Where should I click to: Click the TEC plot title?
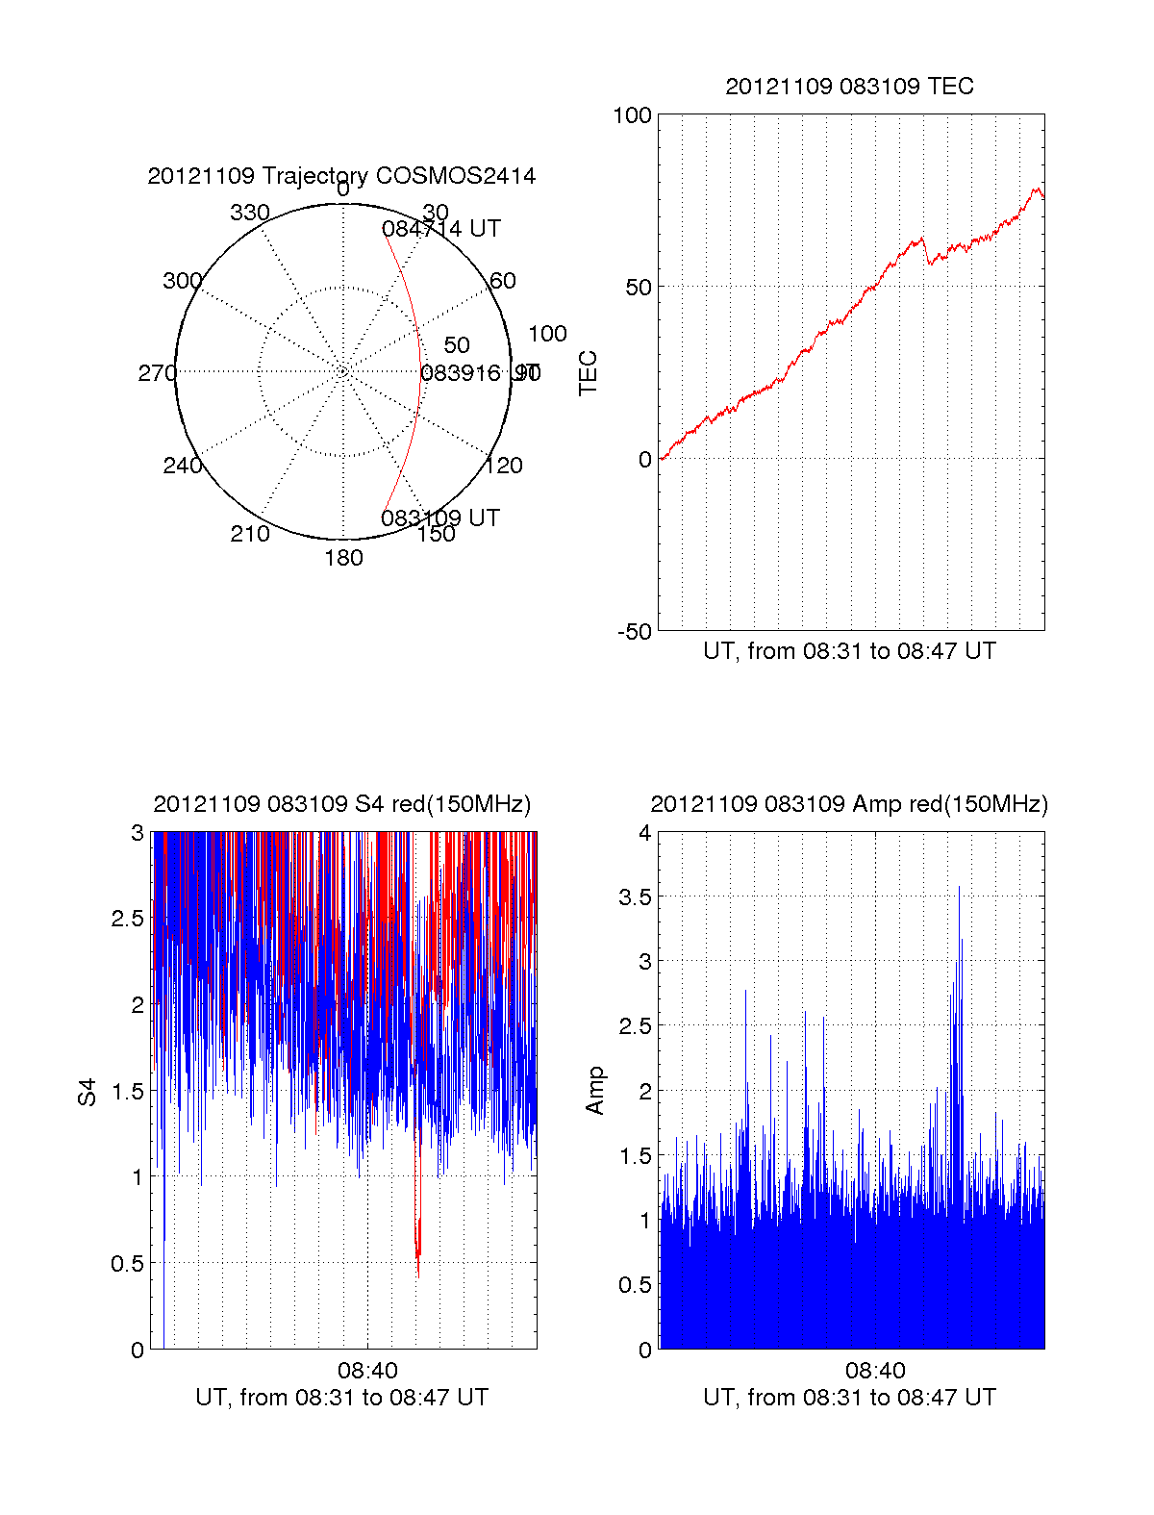pos(849,87)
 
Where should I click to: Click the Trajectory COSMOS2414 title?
pos(341,176)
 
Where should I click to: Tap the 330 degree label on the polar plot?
pos(249,213)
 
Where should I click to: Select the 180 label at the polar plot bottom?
pos(343,558)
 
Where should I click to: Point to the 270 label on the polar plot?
pos(157,373)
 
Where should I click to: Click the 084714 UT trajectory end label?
pos(440,229)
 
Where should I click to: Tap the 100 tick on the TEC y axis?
pos(632,115)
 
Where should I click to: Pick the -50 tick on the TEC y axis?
pos(634,632)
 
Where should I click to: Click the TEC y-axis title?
pos(588,373)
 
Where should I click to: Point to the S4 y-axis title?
pos(88,1092)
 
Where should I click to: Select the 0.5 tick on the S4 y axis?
pos(127,1263)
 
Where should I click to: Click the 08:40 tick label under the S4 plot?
pos(367,1371)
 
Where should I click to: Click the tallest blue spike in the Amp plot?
pos(959,890)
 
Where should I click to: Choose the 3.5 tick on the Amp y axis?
pos(632,897)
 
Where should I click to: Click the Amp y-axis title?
pos(595,1090)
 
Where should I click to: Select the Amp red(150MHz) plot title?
pos(849,804)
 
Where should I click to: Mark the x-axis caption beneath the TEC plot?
pos(849,651)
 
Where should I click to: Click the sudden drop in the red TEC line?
pos(927,252)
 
